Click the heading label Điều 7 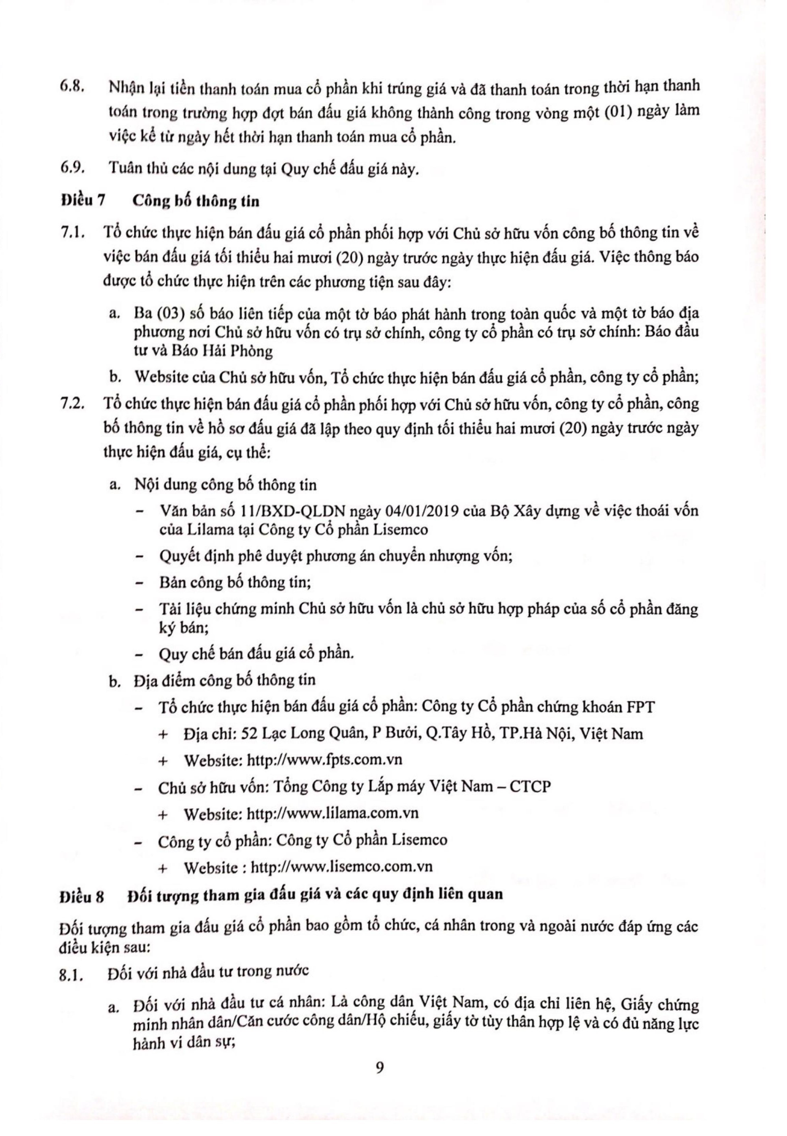click(x=83, y=201)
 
